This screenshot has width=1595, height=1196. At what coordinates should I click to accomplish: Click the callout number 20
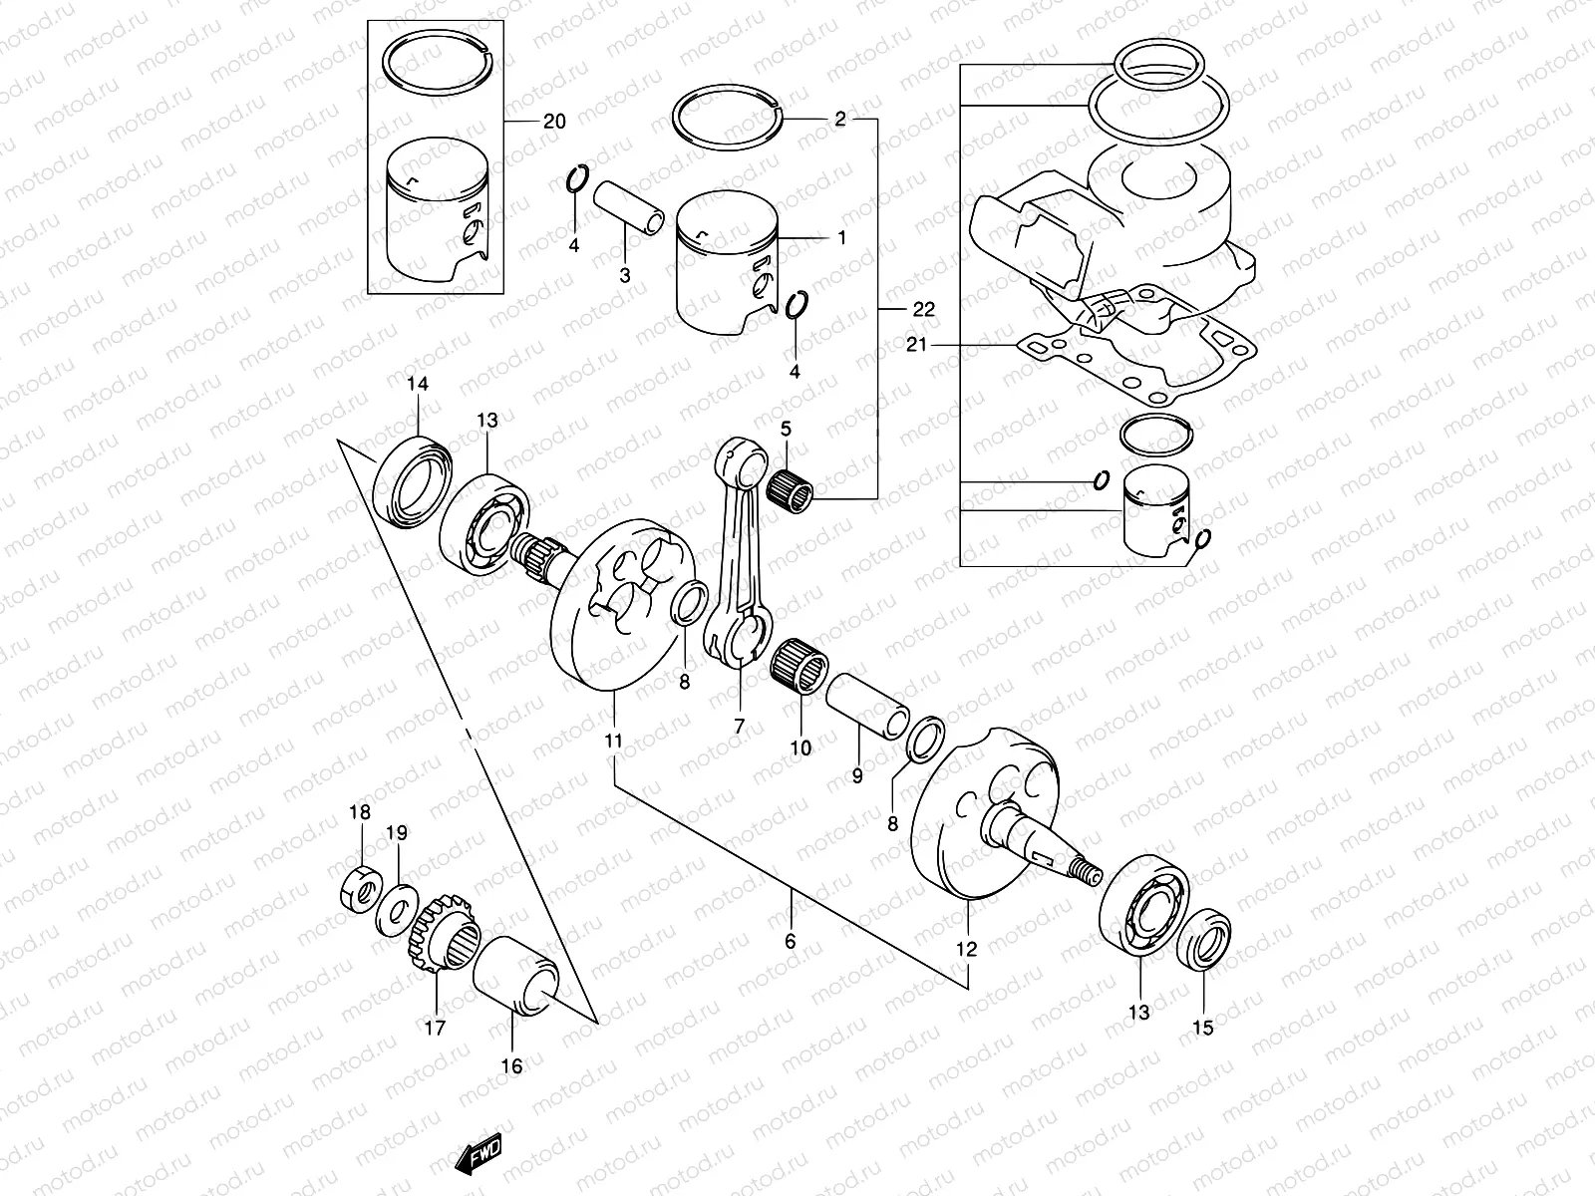pos(554,122)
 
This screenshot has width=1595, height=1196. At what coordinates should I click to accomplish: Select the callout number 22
pos(923,310)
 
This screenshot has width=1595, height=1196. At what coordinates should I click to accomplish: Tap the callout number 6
pos(791,940)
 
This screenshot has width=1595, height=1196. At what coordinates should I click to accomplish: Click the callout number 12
pos(967,949)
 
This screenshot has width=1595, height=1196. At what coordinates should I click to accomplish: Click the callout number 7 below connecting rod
pos(739,727)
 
